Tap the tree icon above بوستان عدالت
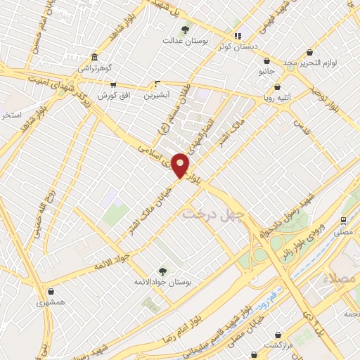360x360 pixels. (185, 30)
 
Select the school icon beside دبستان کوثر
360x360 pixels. (238, 36)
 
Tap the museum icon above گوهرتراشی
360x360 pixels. (94, 57)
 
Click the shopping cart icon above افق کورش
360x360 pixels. (111, 83)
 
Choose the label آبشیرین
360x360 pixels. (156, 95)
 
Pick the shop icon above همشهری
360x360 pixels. (50, 289)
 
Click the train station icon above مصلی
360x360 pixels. (344, 219)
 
